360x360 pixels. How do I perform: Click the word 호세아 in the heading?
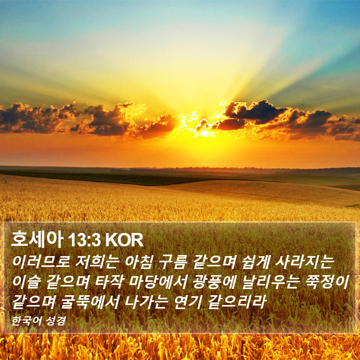click(x=37, y=240)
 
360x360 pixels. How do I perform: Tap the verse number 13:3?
click(x=84, y=240)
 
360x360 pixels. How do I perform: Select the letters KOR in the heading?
click(x=124, y=240)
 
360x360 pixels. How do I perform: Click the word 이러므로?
click(x=41, y=262)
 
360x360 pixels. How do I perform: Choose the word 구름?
click(x=172, y=262)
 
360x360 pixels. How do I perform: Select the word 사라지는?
click(x=303, y=262)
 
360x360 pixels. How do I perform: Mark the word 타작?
click(x=109, y=282)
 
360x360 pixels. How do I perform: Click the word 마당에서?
click(x=158, y=282)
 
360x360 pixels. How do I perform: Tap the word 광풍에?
click(x=214, y=282)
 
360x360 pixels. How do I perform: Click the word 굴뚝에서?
click(x=90, y=301)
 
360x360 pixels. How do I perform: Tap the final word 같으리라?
click(x=237, y=301)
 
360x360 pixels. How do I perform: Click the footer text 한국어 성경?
click(x=39, y=321)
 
